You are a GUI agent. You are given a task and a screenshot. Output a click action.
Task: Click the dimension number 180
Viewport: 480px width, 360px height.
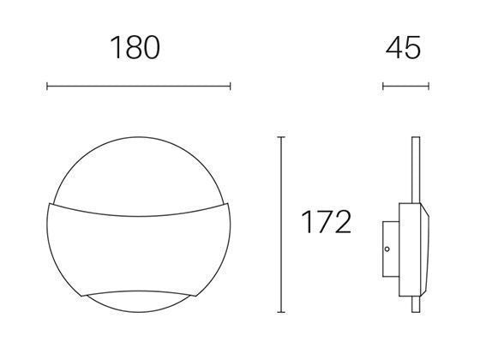[135, 48]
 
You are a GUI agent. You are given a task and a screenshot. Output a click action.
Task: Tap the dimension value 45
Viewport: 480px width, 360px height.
[404, 48]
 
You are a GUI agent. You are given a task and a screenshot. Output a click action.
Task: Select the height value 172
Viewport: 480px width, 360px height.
[326, 223]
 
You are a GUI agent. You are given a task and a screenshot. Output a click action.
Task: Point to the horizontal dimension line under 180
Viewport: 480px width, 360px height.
[138, 86]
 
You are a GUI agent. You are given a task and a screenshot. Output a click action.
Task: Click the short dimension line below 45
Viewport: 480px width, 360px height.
[405, 86]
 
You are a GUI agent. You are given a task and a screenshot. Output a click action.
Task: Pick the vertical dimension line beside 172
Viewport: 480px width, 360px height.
[282, 223]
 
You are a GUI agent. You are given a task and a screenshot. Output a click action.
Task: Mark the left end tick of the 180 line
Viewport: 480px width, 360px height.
[47, 86]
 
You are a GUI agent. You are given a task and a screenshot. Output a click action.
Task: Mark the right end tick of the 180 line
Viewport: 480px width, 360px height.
[230, 86]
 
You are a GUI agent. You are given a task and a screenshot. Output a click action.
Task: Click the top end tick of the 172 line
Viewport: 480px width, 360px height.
[282, 135]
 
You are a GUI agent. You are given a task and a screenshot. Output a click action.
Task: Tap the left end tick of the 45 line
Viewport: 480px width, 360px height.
[383, 86]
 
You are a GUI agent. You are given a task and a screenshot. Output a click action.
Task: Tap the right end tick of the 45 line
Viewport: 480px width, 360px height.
[428, 86]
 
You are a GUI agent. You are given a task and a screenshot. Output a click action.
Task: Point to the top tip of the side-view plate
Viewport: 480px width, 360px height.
[414, 138]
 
